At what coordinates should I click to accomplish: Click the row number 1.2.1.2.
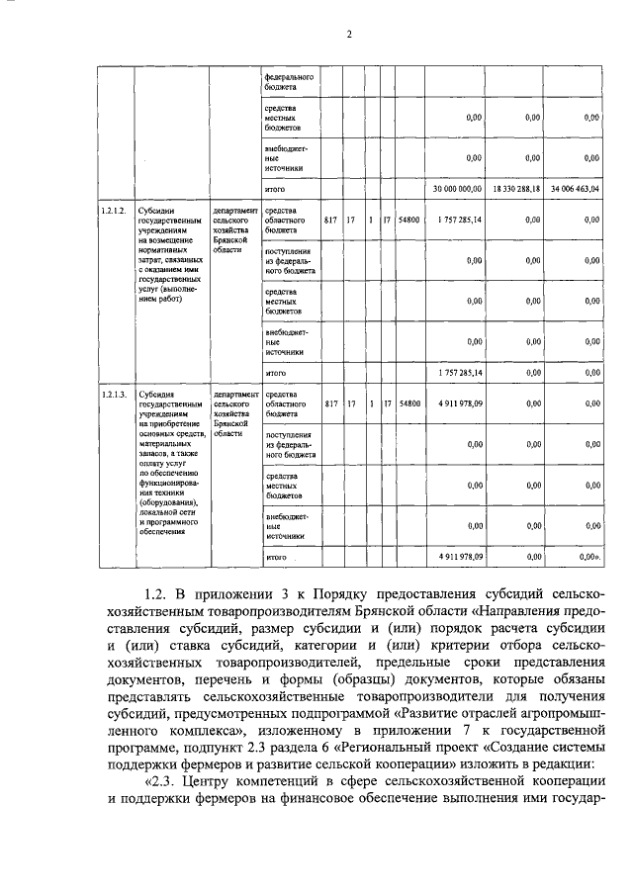point(114,211)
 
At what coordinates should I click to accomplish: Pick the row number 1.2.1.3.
point(114,394)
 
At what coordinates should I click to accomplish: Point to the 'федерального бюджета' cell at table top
point(288,81)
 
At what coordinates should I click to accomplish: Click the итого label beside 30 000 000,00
point(276,187)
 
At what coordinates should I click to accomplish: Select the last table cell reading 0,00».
point(589,558)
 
